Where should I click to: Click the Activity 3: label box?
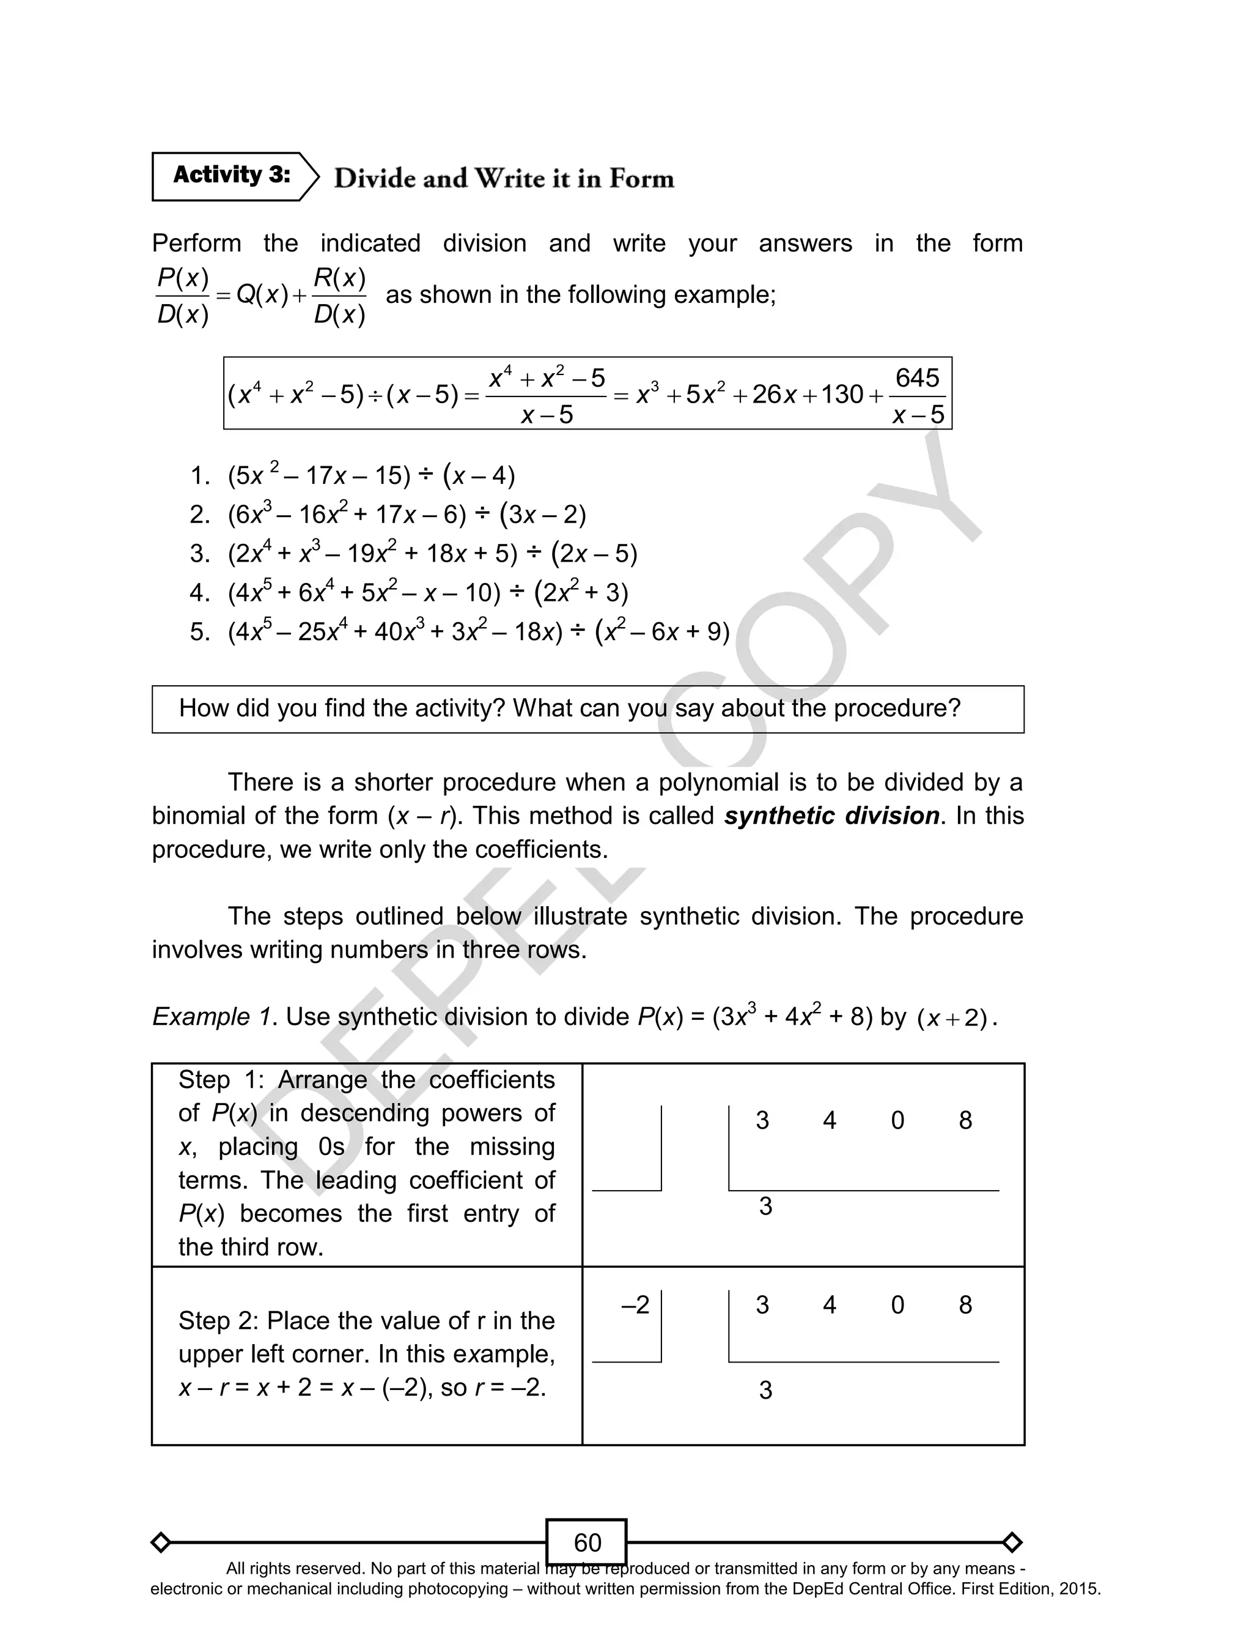[x=231, y=176]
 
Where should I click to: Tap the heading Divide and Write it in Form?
[x=504, y=179]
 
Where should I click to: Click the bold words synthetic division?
[x=831, y=816]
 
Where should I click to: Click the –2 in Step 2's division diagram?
[x=635, y=1304]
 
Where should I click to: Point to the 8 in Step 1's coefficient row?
[x=965, y=1120]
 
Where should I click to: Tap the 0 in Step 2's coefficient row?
[x=897, y=1304]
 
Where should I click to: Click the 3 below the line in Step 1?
[x=765, y=1206]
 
